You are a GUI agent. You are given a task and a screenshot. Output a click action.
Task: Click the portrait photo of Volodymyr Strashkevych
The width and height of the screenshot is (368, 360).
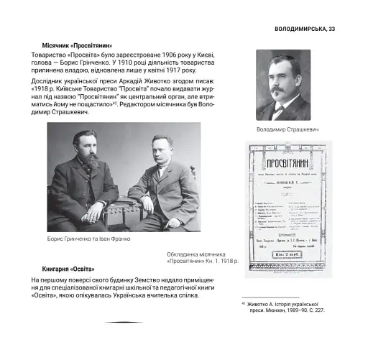pyautogui.click(x=283, y=85)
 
